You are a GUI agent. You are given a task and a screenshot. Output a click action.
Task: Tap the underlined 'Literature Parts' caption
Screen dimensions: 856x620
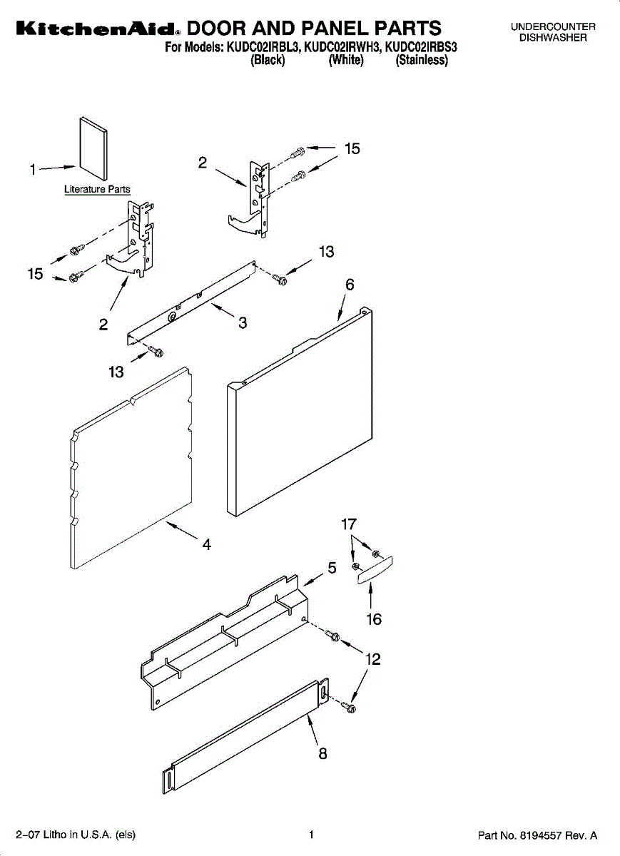(x=97, y=190)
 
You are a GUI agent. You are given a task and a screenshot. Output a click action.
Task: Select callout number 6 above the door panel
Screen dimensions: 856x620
(x=350, y=284)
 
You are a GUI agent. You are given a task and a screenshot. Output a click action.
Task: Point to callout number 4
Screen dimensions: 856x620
(x=206, y=544)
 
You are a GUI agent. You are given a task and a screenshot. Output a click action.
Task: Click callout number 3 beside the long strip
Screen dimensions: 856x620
(x=243, y=322)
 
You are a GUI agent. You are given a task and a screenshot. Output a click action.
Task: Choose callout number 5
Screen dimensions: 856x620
(x=332, y=568)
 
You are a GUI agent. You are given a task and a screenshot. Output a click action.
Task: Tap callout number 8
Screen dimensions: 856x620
(x=322, y=753)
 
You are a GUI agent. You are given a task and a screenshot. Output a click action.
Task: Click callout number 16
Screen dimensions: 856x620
(x=374, y=619)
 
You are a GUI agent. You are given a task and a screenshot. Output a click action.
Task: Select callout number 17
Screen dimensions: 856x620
(x=348, y=525)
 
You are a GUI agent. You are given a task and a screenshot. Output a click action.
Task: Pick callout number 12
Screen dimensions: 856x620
(x=372, y=659)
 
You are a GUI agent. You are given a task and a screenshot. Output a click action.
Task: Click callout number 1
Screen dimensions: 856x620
(x=33, y=170)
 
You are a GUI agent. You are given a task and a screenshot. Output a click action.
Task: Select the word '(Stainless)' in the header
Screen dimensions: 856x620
(x=422, y=61)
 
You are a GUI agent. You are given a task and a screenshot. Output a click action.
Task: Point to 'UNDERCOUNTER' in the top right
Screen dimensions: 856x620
(x=553, y=27)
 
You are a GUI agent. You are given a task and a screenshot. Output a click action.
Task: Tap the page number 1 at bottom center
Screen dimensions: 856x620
(x=311, y=834)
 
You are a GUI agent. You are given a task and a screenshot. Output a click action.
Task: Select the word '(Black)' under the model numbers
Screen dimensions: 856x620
(x=268, y=61)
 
